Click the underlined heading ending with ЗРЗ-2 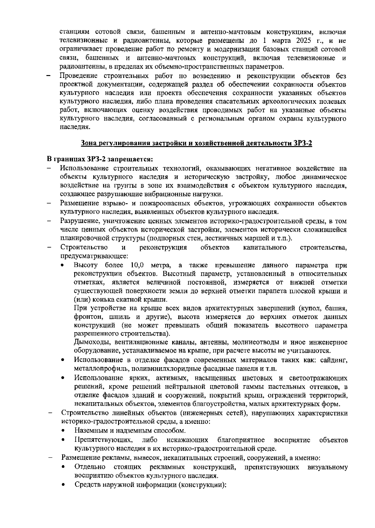[197, 143]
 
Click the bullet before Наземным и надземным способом [63, 431]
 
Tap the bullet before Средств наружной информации [63, 485]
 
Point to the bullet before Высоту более [63, 266]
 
